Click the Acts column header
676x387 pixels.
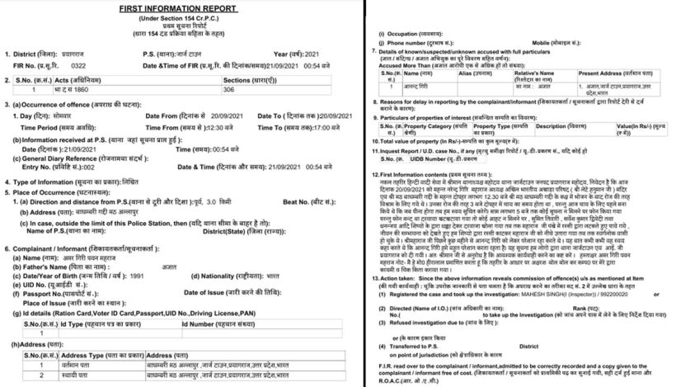[x=73, y=78]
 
